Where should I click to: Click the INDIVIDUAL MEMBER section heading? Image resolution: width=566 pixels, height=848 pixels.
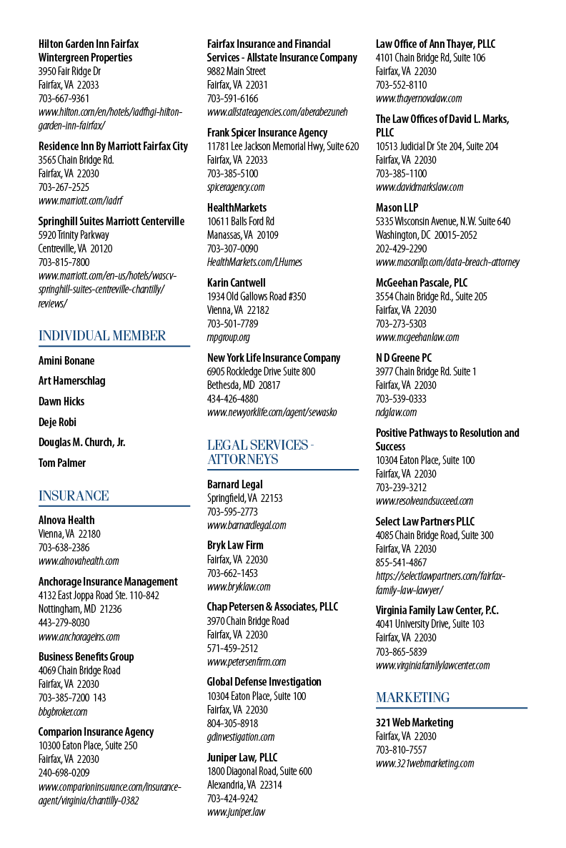click(x=102, y=336)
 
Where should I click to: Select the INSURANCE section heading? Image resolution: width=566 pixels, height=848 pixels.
click(x=74, y=496)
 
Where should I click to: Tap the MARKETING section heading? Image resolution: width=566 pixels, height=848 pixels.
click(x=412, y=698)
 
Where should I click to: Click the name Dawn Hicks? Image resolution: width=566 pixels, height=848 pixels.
click(x=61, y=401)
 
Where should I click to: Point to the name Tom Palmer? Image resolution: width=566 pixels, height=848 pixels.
click(x=61, y=463)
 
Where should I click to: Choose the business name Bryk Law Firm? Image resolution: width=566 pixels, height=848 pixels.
click(x=235, y=545)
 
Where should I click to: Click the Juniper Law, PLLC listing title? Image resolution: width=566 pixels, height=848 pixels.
click(x=242, y=757)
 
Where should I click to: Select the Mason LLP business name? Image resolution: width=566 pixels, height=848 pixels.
click(x=397, y=207)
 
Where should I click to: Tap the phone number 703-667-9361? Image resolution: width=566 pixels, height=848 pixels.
click(x=64, y=99)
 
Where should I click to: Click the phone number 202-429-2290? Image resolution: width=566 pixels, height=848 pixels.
click(x=401, y=249)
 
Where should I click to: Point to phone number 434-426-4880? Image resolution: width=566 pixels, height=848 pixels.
click(x=232, y=398)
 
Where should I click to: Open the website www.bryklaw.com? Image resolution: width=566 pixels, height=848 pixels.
click(x=239, y=587)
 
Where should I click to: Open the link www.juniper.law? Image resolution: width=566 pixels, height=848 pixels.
click(x=237, y=812)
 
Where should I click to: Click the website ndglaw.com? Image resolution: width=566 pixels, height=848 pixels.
click(x=396, y=413)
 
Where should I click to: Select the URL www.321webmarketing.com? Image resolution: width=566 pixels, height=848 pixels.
click(x=425, y=764)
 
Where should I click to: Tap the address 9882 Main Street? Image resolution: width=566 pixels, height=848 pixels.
click(x=237, y=71)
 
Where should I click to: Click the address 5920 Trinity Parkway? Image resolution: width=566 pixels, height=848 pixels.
click(x=74, y=235)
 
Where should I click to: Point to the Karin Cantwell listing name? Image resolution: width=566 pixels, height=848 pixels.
click(x=237, y=283)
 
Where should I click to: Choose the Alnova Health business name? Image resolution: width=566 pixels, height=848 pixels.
click(x=66, y=521)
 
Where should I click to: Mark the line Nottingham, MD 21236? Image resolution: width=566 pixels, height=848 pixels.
click(x=80, y=609)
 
